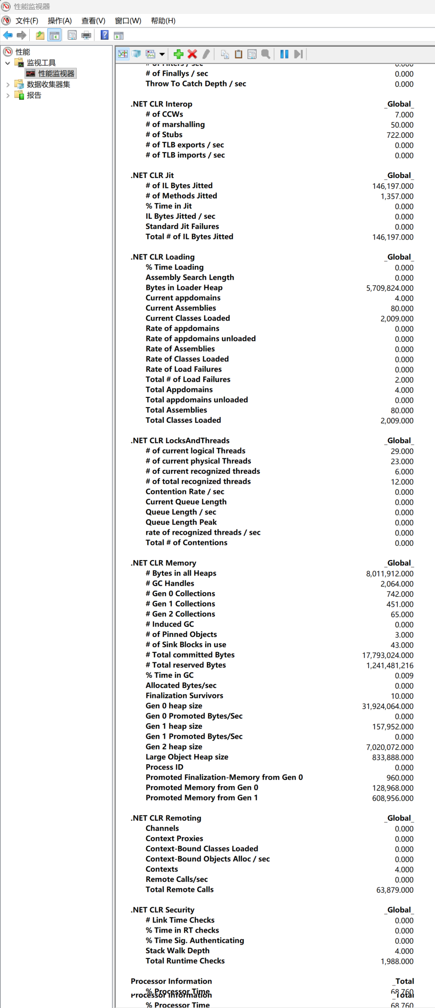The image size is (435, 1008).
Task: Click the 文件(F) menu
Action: pos(26,21)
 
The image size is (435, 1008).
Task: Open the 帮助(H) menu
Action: pos(163,21)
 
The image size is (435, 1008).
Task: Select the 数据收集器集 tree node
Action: pos(48,84)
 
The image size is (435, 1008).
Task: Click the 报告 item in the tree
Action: pos(34,95)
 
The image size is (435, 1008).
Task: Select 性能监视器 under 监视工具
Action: pos(56,73)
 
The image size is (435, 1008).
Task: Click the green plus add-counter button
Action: pos(178,54)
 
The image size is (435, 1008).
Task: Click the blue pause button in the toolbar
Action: pos(284,54)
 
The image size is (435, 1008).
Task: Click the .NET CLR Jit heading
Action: pos(153,176)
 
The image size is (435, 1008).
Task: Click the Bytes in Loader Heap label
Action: pos(184,288)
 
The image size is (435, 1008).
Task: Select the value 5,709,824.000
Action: pos(389,288)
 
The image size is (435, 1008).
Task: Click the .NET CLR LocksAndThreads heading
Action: pos(180,441)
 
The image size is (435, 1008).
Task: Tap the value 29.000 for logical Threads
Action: pos(402,451)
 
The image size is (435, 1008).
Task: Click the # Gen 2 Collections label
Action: pos(180,614)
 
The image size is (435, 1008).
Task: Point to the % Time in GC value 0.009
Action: pos(404,675)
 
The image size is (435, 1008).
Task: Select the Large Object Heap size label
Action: pos(187,757)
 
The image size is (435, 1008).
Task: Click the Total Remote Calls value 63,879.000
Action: pos(395,890)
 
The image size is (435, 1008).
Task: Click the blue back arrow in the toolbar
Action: pos(8,35)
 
